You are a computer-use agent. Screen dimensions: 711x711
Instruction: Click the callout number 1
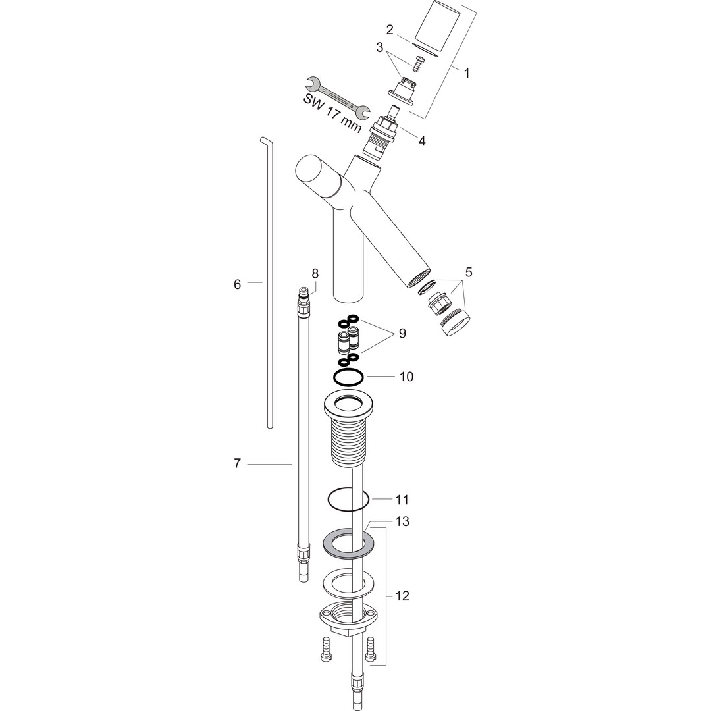(x=467, y=72)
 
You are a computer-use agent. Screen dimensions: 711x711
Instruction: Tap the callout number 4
(x=422, y=141)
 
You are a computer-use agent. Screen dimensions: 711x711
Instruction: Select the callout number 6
(x=237, y=284)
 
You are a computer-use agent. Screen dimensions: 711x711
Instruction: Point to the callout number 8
(x=315, y=273)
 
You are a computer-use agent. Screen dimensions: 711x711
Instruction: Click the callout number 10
(x=407, y=377)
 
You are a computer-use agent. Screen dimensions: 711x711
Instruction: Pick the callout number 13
(x=402, y=521)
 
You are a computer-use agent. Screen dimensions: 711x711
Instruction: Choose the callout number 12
(x=402, y=595)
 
